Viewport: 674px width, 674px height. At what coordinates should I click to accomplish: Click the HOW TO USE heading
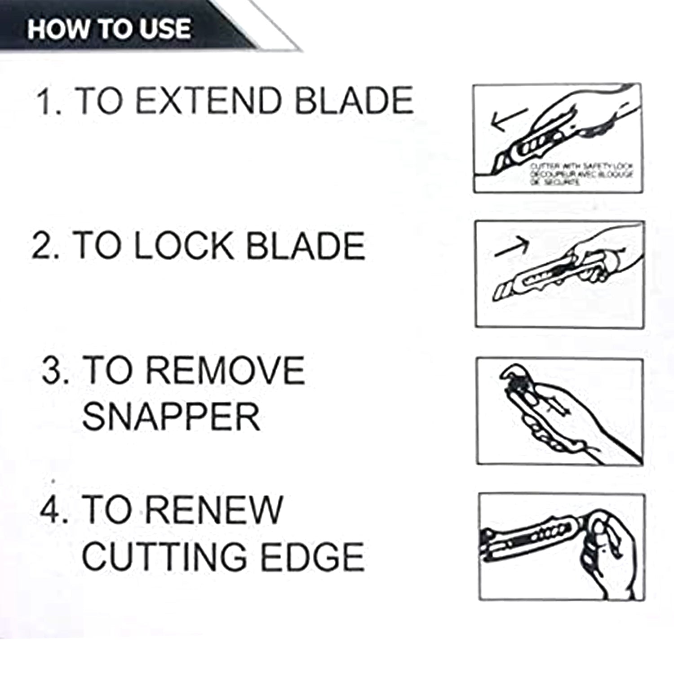coord(109,29)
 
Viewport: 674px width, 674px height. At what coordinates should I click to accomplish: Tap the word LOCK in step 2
coord(184,246)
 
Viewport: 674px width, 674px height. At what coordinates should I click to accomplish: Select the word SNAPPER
coord(171,417)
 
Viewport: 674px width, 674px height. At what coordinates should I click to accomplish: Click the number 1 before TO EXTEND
coord(45,102)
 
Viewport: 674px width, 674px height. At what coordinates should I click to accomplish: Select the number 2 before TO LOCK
coord(43,246)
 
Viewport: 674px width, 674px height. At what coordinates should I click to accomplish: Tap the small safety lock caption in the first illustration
coord(582,174)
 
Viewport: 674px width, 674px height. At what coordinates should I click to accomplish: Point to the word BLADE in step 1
coord(354,101)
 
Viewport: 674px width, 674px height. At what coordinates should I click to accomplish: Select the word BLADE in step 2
coord(306,246)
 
